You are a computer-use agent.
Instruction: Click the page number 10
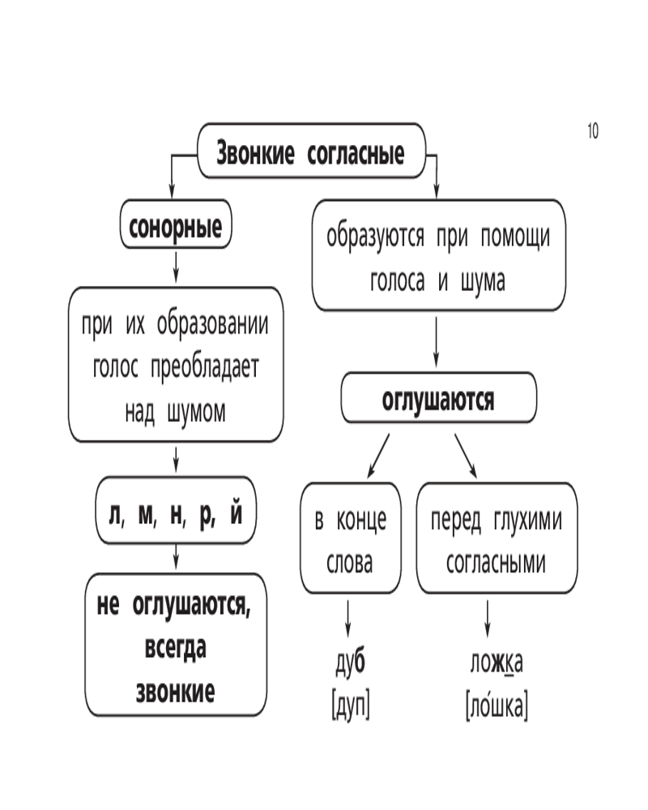tap(592, 130)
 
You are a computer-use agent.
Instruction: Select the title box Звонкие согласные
tap(311, 152)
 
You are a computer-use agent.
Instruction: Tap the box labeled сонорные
tap(176, 227)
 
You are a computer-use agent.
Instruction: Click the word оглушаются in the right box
tap(437, 400)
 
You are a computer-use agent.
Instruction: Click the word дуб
tap(350, 663)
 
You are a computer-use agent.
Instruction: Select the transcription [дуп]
tap(350, 706)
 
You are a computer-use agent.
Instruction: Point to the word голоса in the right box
tap(399, 281)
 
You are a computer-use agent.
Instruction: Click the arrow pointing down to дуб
tap(348, 620)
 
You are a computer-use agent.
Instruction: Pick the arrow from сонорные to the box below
tap(176, 266)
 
